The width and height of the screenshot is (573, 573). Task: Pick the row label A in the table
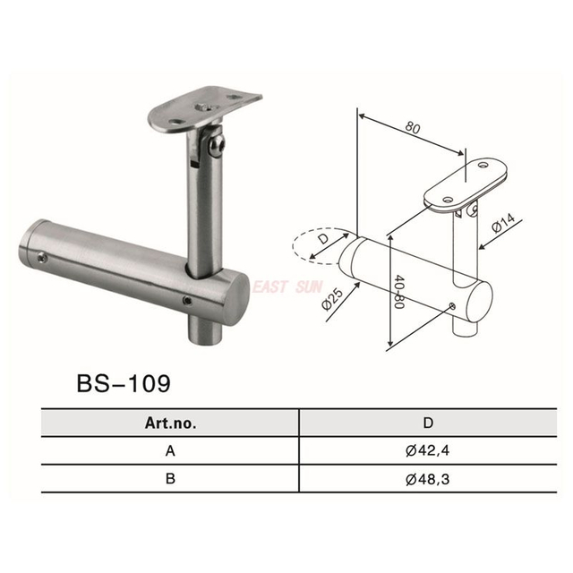170,451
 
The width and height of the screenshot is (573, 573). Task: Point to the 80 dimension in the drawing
414,128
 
